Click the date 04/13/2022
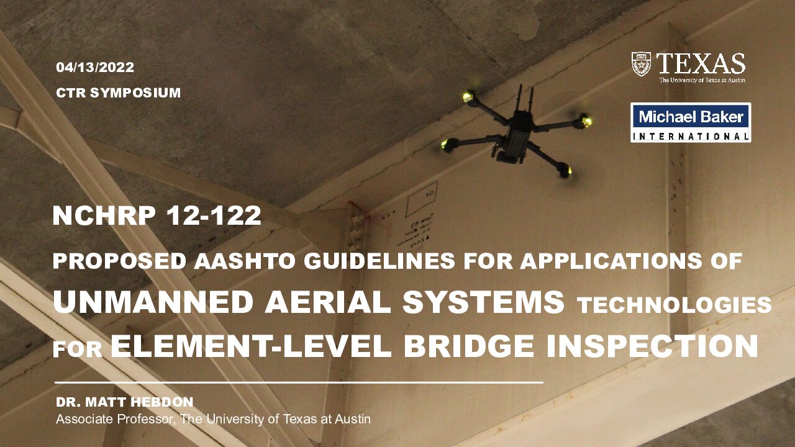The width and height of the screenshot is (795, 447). [x=95, y=68]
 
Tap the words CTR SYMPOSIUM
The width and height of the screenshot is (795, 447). [x=119, y=93]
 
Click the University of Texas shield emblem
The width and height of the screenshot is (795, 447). [x=642, y=64]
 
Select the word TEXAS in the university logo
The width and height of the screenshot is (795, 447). [x=701, y=64]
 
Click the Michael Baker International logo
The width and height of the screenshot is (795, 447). [x=691, y=122]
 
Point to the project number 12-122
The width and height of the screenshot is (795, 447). [x=214, y=215]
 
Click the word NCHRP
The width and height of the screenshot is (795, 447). [x=104, y=215]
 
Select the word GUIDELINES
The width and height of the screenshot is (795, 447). [x=379, y=261]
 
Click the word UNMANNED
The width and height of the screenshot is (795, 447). [x=153, y=302]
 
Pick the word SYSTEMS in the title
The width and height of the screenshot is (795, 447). [x=483, y=302]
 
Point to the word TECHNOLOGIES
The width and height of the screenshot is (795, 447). [x=675, y=305]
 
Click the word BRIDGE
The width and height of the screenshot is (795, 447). [x=469, y=346]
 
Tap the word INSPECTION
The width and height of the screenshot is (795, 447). [x=652, y=346]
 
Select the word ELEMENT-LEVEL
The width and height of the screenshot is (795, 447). [x=251, y=346]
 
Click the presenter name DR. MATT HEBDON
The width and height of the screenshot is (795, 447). [x=125, y=402]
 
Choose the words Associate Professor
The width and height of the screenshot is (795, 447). [x=116, y=419]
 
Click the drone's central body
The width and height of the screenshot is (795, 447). [x=517, y=137]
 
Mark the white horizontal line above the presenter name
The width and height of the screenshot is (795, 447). [x=299, y=383]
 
